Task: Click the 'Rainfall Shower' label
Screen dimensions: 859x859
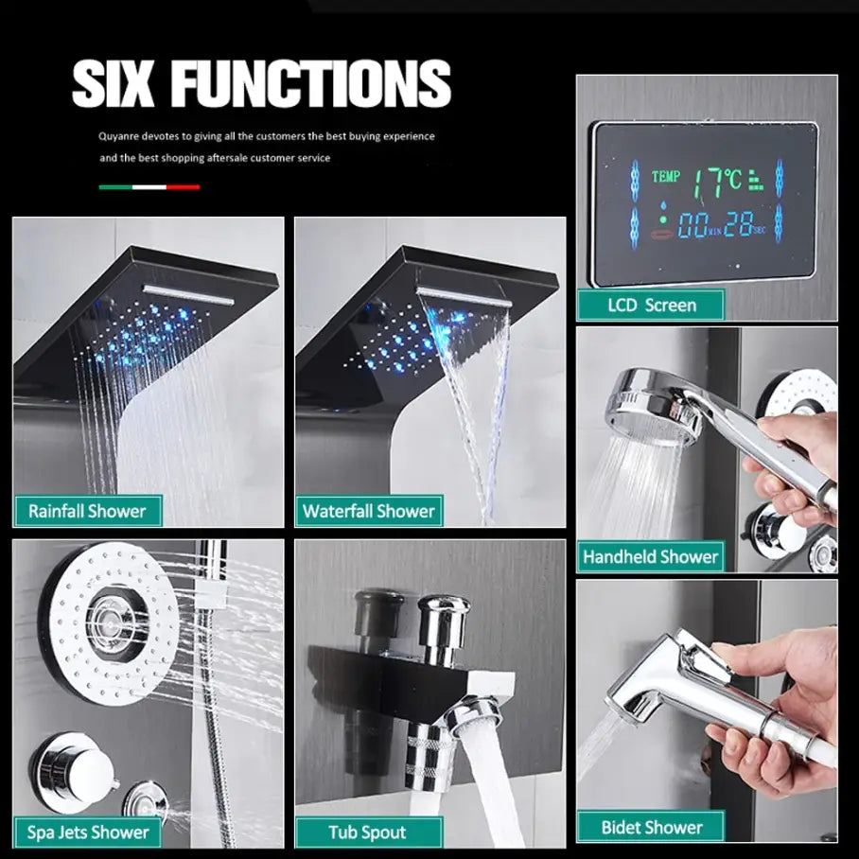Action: (87, 511)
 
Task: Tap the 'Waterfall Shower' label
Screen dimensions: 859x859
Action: (368, 511)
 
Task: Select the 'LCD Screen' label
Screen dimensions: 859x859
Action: (651, 306)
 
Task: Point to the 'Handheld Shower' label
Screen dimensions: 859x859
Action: (650, 556)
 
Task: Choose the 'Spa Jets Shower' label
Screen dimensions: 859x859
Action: (88, 833)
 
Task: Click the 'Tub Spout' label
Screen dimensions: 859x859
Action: (368, 833)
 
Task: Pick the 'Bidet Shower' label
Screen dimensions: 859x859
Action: (651, 827)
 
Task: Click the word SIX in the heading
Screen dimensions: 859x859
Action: (113, 83)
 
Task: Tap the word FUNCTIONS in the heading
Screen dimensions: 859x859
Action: (310, 83)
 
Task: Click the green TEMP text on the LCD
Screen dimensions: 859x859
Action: (666, 176)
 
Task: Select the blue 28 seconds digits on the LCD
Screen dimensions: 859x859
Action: (738, 224)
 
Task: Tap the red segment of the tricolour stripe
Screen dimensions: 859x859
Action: (183, 187)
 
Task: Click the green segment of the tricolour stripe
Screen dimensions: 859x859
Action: (115, 187)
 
